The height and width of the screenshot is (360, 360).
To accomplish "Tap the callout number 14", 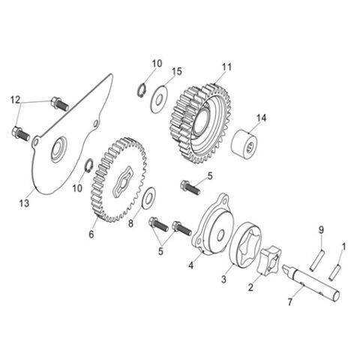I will (x=261, y=117).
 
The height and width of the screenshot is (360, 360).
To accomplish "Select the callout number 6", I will (x=91, y=234).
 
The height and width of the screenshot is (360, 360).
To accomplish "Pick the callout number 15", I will (x=177, y=71).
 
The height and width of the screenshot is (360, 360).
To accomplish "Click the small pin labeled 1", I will (x=337, y=264).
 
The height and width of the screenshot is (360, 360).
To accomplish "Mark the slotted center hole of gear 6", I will (x=123, y=182).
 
